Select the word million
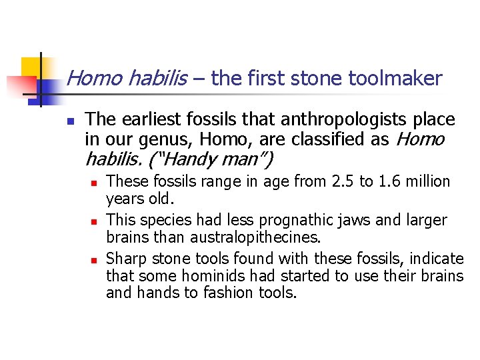point(428,181)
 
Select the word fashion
point(222,293)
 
